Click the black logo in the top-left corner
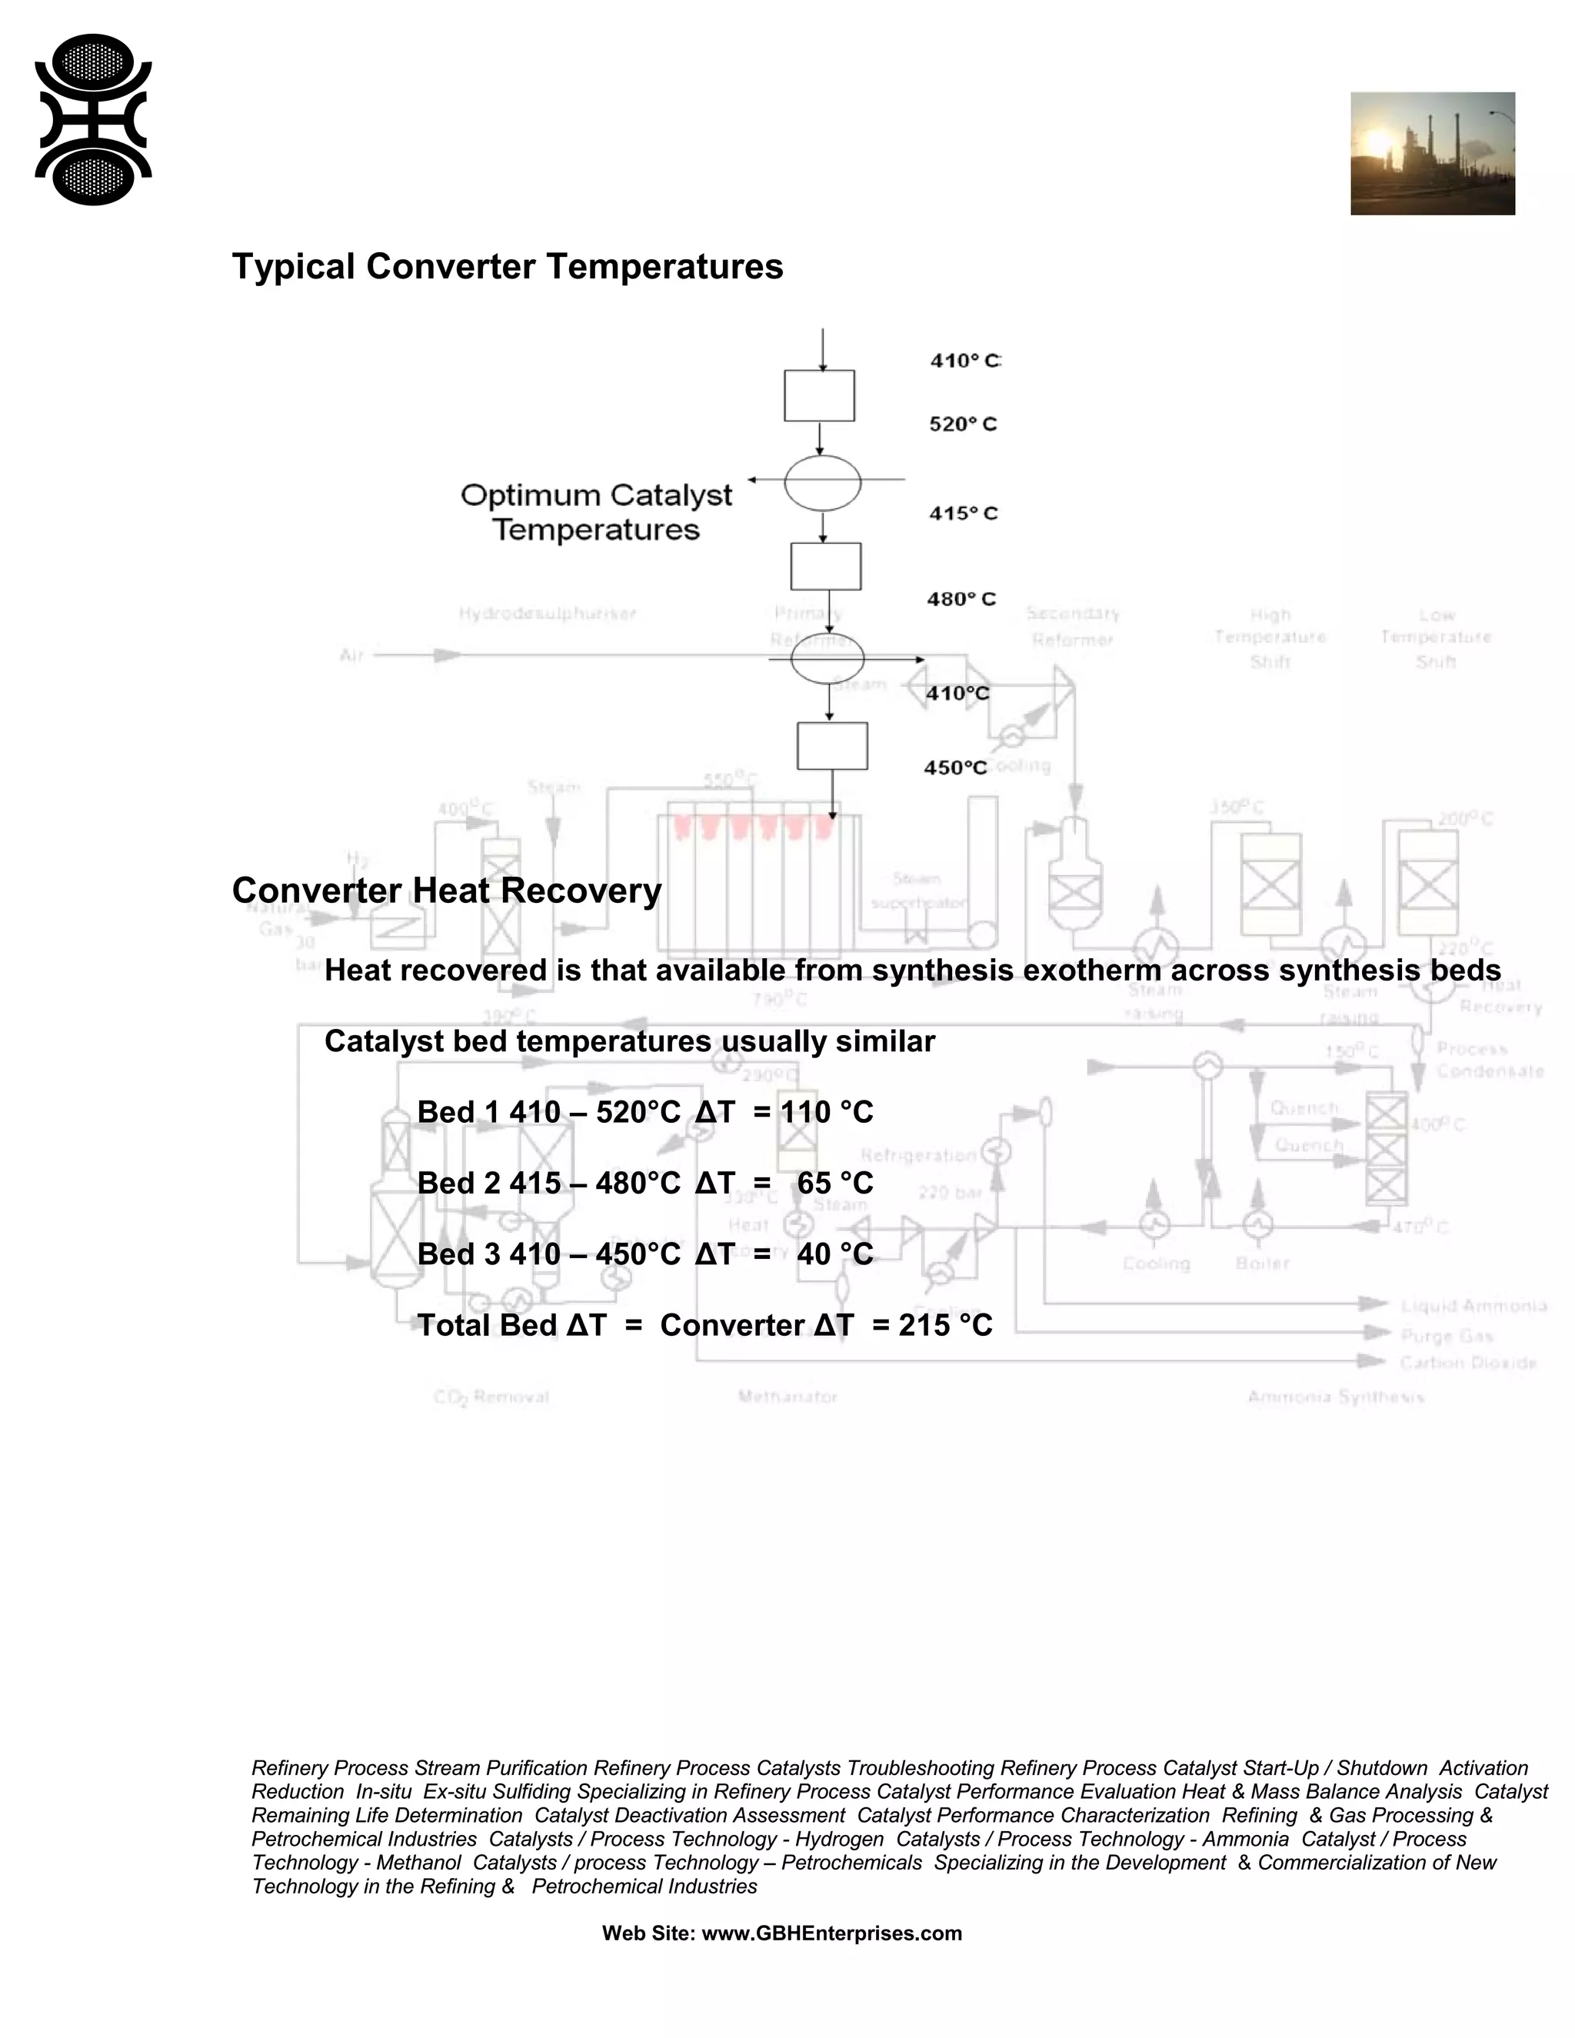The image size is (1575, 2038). coord(93,119)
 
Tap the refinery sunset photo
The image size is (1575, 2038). coord(1432,153)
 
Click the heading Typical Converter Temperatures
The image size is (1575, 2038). coord(508,267)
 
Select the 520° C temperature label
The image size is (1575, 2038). coord(963,425)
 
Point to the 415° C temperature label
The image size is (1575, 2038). coord(963,513)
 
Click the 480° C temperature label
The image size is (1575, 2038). coord(961,599)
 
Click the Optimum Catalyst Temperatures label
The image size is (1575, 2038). coord(596,512)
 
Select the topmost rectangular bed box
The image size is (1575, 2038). coord(818,395)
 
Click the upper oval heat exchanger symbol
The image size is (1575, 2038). coord(822,482)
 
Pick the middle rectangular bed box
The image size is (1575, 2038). coord(826,567)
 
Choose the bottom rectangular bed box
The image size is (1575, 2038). coord(832,745)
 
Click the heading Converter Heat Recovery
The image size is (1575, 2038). coord(447,891)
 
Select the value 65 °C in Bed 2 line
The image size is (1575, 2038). coord(835,1184)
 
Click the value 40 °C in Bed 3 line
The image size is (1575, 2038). coord(835,1254)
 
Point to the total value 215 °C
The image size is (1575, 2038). coord(945,1325)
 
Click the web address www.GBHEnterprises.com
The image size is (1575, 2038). coord(831,1933)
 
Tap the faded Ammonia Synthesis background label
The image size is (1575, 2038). coord(1335,1397)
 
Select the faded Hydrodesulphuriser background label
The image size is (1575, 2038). coord(548,613)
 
